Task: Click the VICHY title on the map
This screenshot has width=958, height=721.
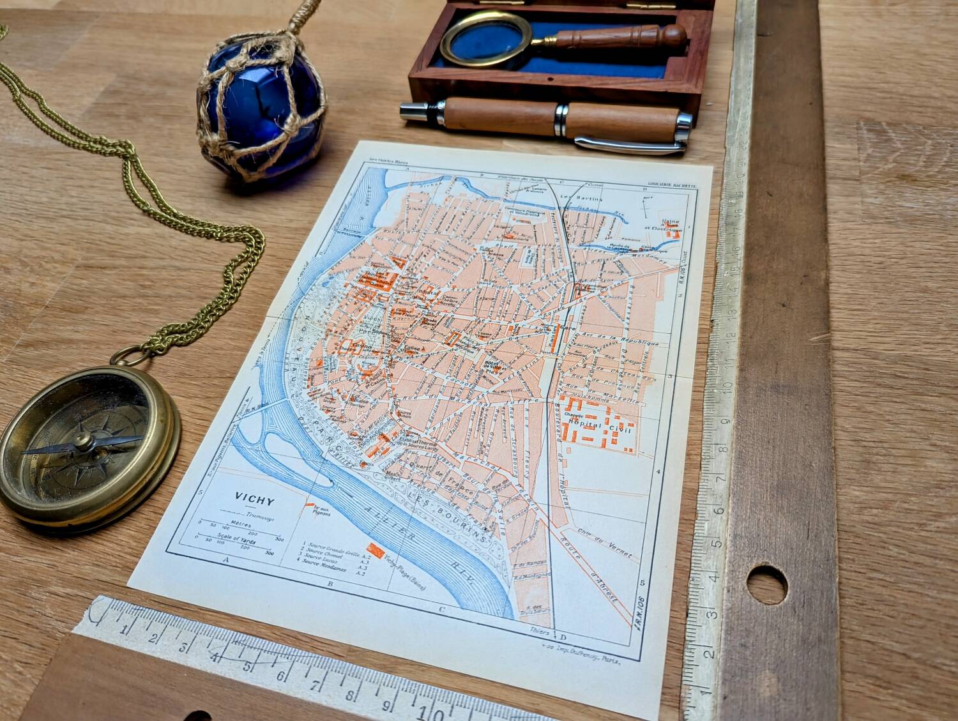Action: pyautogui.click(x=254, y=497)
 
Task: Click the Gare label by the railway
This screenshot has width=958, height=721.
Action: pyautogui.click(x=563, y=328)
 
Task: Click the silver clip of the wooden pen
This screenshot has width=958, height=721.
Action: pyautogui.click(x=629, y=146)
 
